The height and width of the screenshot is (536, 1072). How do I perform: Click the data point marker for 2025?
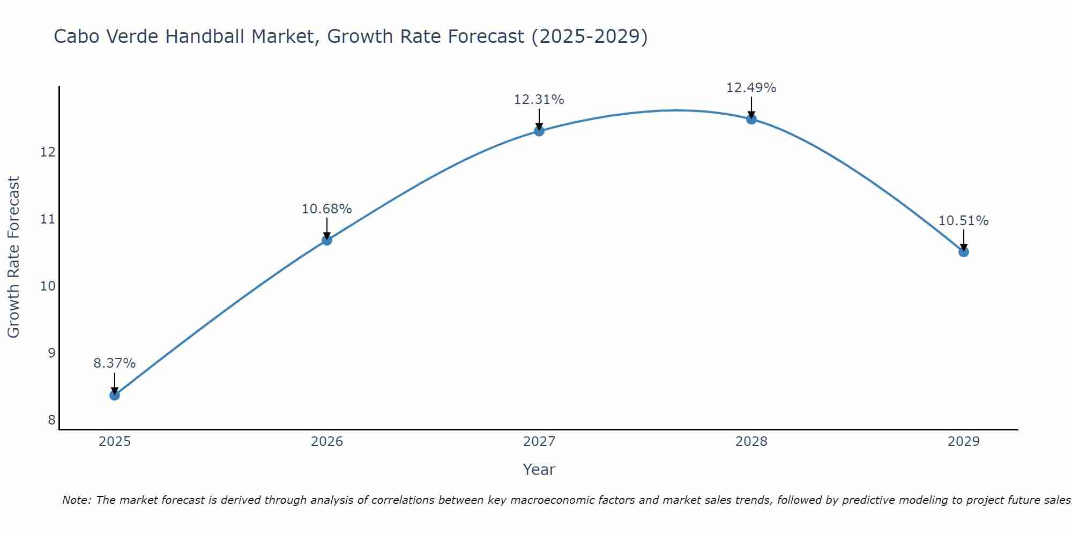pos(115,395)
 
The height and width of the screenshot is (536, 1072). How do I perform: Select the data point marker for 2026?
pos(327,240)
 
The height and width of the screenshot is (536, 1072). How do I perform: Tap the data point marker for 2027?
pos(539,131)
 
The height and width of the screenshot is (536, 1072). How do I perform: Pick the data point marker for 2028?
pos(751,119)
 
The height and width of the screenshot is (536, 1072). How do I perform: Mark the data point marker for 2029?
pos(964,252)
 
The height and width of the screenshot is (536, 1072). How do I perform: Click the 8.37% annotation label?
pos(115,363)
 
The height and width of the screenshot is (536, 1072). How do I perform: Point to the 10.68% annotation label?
pos(327,209)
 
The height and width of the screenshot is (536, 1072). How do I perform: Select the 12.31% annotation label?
pos(539,100)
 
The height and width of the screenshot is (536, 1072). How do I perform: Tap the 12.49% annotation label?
pos(751,88)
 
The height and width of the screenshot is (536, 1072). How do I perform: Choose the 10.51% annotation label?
pos(964,221)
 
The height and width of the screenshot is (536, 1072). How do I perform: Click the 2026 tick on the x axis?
pos(327,442)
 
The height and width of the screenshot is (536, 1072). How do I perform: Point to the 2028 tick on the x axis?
pos(751,442)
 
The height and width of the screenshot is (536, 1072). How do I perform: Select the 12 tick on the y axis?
pos(48,152)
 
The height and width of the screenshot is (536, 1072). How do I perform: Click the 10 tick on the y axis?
pos(48,286)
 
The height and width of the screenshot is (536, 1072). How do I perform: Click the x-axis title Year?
pos(539,470)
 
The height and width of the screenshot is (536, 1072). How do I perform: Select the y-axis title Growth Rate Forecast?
pos(13,257)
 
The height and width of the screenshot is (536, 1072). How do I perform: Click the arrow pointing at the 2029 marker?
pos(964,240)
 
